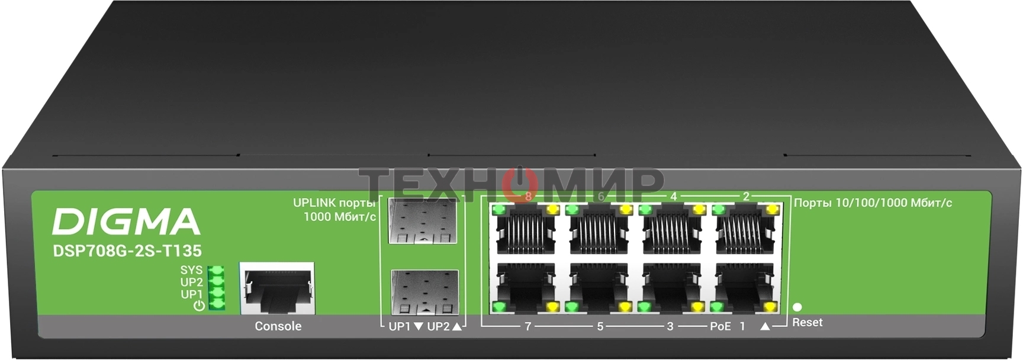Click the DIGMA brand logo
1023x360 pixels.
[126, 222]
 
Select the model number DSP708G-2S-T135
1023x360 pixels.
[127, 251]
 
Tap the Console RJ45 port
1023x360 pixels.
[276, 288]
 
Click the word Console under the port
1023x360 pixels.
[278, 326]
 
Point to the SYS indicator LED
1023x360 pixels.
[217, 271]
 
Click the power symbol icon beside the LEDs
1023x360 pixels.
[199, 306]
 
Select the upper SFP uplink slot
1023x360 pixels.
[423, 221]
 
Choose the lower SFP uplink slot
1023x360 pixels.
[424, 292]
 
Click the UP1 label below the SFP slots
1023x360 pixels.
[400, 326]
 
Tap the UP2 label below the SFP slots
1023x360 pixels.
[438, 326]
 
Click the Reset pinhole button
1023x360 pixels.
[797, 307]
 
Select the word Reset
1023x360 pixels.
[808, 323]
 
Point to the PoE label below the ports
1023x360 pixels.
[720, 326]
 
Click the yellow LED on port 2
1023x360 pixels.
[771, 210]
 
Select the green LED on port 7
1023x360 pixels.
[499, 307]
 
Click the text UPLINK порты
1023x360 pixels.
[334, 203]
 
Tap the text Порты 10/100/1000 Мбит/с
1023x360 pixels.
[873, 203]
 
